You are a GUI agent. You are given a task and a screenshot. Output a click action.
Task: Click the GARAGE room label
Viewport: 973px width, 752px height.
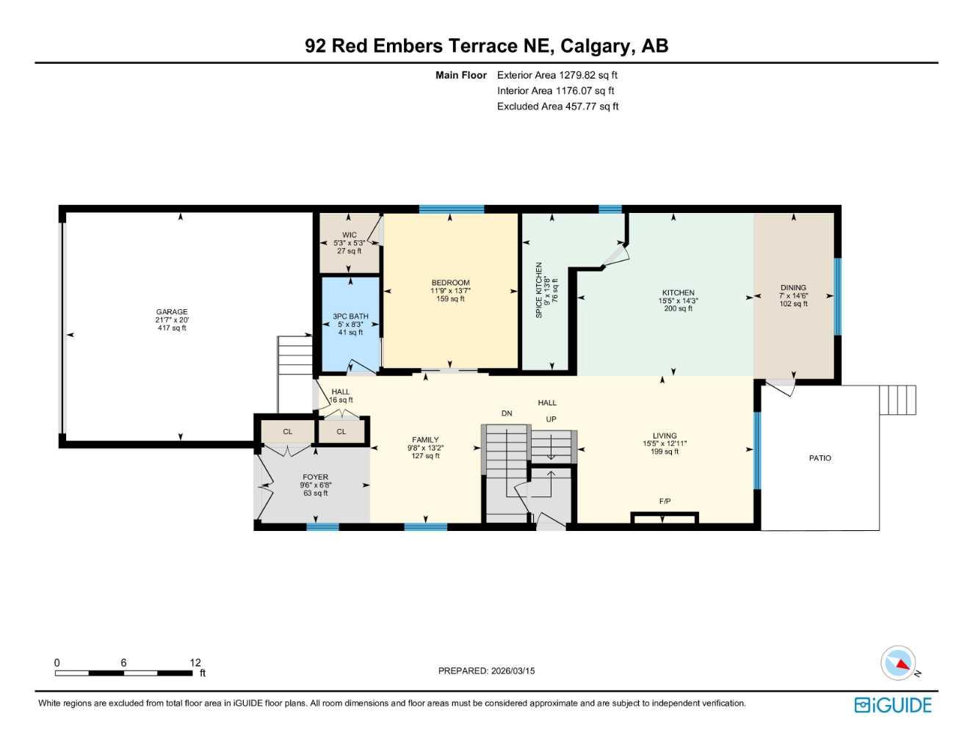[x=172, y=311]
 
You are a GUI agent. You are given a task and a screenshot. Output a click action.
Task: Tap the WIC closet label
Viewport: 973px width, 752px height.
[x=350, y=235]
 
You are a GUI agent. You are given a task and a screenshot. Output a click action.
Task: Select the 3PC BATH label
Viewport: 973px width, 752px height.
[x=350, y=317]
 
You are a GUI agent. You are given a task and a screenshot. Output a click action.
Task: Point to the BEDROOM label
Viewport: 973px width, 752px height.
[x=450, y=283]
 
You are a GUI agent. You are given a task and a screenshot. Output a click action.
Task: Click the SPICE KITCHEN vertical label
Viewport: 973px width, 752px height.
[x=539, y=290]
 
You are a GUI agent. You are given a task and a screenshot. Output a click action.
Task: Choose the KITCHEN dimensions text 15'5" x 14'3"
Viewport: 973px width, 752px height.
[x=678, y=301]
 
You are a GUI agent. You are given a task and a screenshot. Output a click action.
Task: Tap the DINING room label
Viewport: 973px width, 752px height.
[x=793, y=288]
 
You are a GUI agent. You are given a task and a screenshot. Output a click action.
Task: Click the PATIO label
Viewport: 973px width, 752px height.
[x=820, y=458]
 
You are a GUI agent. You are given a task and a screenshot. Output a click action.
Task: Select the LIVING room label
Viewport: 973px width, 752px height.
[x=665, y=435]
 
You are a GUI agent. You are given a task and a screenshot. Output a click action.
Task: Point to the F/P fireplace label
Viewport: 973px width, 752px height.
[x=665, y=502]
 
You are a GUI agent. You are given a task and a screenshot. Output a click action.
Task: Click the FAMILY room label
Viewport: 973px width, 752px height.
[x=425, y=440]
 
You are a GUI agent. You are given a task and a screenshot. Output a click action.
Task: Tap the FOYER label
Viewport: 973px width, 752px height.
[x=316, y=477]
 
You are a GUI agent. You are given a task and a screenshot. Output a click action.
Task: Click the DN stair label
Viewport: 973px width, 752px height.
[x=507, y=413]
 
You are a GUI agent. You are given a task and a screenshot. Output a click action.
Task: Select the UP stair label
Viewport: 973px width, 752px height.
[x=551, y=419]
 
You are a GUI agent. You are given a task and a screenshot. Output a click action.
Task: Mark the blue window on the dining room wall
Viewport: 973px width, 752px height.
[x=837, y=296]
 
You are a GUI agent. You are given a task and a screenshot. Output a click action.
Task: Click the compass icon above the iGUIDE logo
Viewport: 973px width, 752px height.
[x=899, y=663]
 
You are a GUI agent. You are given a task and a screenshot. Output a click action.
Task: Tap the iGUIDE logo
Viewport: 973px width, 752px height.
[x=893, y=705]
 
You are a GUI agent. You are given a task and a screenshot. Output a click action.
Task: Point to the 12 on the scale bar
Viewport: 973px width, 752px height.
[x=195, y=662]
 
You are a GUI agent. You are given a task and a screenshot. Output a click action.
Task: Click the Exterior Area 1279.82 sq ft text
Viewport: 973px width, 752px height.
[x=557, y=75]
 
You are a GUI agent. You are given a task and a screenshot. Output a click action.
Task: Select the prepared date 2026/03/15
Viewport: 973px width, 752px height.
[x=513, y=670]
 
